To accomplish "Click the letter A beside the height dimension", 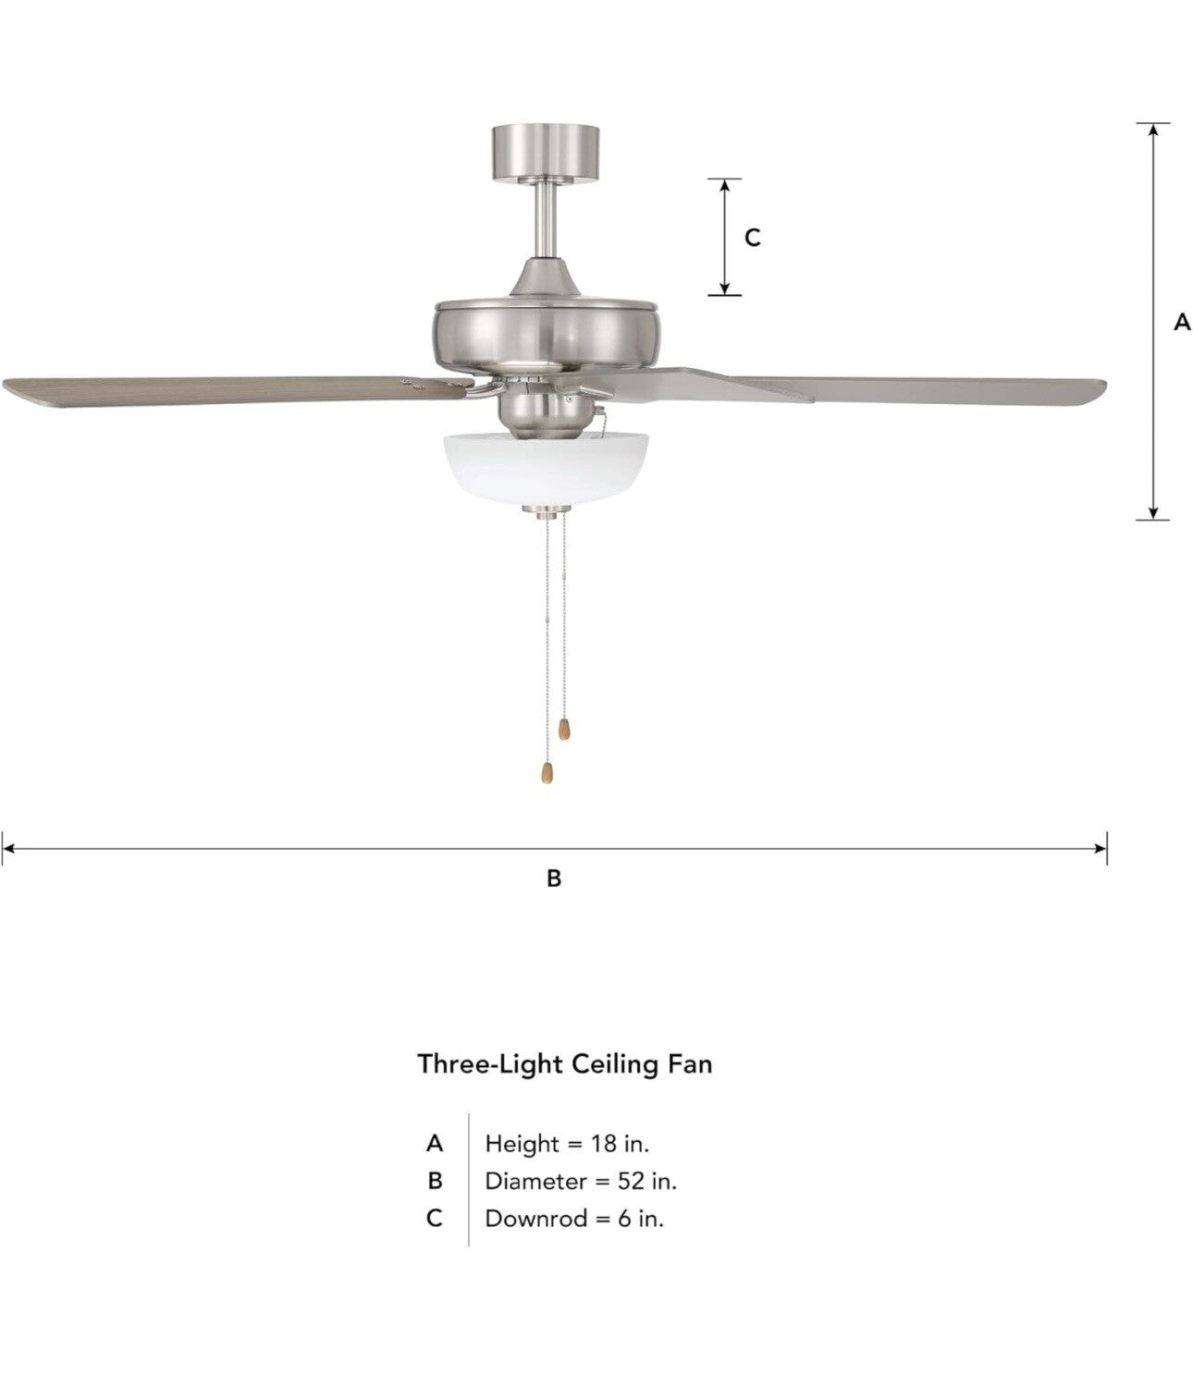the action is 1182,322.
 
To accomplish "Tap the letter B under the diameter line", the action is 554,878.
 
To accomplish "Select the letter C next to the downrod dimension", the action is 752,238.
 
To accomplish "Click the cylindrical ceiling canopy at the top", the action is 546,153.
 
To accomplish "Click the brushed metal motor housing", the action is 545,335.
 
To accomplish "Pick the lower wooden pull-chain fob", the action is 547,772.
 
